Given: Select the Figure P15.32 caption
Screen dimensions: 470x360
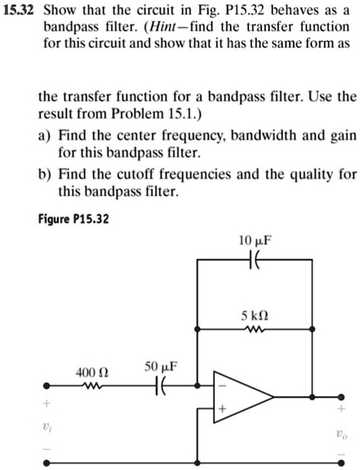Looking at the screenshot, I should pyautogui.click(x=72, y=219).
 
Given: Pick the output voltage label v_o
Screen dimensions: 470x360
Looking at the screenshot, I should pyautogui.click(x=343, y=432).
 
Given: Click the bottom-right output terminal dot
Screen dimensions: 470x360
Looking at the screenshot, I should pyautogui.click(x=343, y=463).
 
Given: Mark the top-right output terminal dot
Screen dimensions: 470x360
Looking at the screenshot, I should pyautogui.click(x=343, y=396).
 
